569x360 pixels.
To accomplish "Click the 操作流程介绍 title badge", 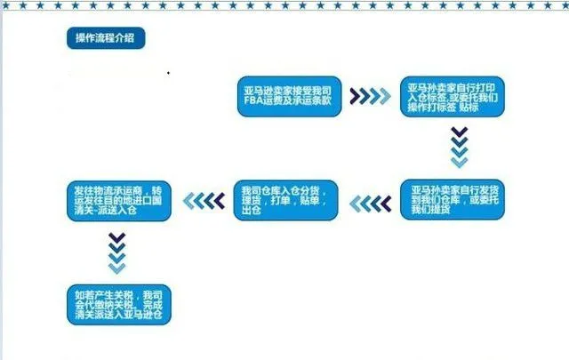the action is (106, 37).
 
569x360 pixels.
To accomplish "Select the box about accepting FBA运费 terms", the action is (289, 96).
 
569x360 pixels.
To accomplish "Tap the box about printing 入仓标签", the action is (453, 97).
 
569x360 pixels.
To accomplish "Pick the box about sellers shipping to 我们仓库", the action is (453, 200).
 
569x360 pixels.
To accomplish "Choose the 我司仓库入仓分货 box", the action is (286, 200).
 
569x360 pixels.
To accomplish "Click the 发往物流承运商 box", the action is (118, 201).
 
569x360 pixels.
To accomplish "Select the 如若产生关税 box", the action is (118, 305).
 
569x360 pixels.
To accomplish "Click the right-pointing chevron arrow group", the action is (371, 96).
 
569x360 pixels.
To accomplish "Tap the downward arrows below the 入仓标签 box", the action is (459, 147).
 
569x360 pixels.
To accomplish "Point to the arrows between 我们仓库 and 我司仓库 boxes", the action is (371, 204).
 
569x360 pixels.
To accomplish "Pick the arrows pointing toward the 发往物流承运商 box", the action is (204, 201).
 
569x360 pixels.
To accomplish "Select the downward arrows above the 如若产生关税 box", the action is (116, 253).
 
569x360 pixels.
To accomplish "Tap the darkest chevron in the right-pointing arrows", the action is (355, 96).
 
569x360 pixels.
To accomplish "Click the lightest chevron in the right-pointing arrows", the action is (386, 96).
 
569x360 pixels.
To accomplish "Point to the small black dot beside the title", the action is (168, 73).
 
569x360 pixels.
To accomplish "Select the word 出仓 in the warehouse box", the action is (251, 210).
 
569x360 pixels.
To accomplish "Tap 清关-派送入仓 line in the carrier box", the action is (105, 210).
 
